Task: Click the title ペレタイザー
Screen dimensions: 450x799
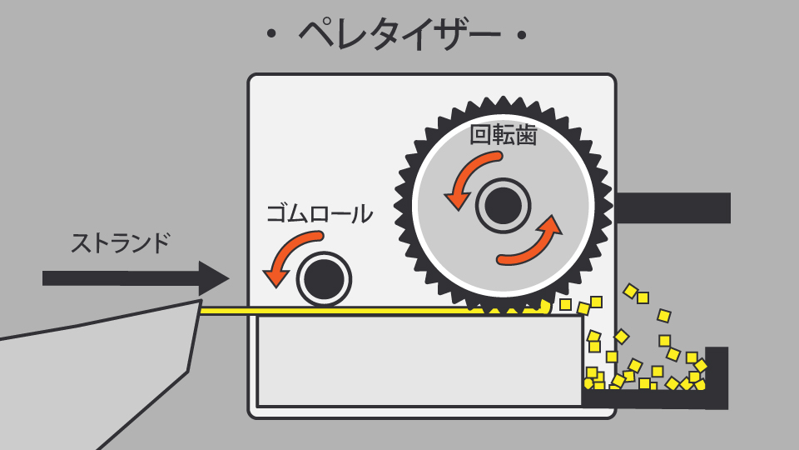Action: point(399,34)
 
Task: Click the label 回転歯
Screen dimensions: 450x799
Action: point(503,134)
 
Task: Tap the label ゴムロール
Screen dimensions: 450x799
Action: point(319,213)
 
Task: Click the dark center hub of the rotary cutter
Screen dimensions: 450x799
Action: point(503,205)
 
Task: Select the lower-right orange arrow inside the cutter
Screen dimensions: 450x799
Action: point(533,242)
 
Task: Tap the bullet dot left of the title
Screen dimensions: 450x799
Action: point(270,36)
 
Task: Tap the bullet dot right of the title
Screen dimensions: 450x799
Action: point(522,36)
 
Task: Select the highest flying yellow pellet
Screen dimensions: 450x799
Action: point(631,291)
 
